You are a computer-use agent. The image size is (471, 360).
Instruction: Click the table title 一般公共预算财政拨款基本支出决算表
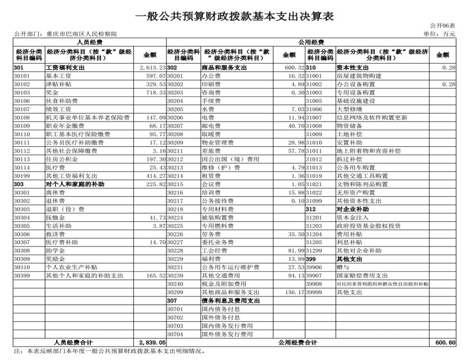(x=235, y=16)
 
